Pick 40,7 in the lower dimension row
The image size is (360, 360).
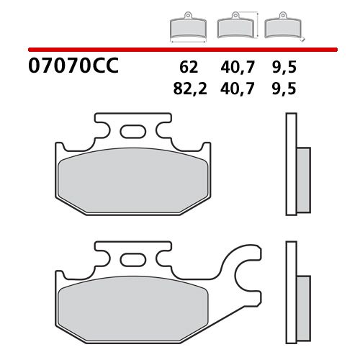point(238,89)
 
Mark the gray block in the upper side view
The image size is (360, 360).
point(302,177)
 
